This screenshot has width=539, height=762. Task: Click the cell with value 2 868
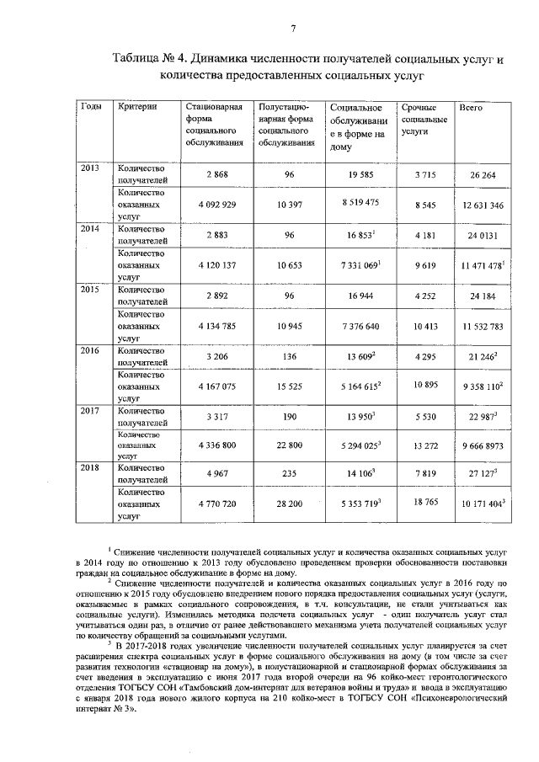[216, 174]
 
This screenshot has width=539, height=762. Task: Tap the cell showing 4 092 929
[216, 205]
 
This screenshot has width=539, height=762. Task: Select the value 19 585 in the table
[361, 174]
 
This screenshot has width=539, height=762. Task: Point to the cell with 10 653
[287, 265]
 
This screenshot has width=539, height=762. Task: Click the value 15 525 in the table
[287, 386]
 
